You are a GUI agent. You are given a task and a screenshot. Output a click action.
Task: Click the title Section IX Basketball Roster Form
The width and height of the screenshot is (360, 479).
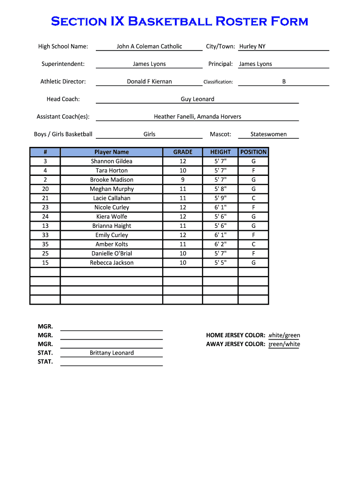coord(180,21)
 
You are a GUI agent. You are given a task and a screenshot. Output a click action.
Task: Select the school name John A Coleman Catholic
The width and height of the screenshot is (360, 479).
coord(149,46)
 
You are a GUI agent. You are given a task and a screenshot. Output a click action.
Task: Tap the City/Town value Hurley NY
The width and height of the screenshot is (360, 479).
coord(252,46)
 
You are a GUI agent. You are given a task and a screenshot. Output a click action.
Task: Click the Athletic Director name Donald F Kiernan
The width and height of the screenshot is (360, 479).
coord(149,81)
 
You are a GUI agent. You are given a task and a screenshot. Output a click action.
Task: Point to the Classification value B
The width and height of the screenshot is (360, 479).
coord(284,81)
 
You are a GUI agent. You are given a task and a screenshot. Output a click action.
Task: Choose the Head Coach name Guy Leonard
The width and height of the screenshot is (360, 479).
coord(197,99)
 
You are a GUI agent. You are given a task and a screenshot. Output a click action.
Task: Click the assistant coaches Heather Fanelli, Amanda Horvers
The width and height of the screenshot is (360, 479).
coord(197,116)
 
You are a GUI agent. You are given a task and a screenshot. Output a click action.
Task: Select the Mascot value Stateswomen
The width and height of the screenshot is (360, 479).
coord(268,134)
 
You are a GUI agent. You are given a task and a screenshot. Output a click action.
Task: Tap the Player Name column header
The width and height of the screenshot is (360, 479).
coord(111,152)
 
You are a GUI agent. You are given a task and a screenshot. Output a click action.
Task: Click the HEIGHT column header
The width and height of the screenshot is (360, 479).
coord(220,152)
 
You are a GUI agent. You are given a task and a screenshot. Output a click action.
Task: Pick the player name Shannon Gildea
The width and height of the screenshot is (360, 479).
coord(111,161)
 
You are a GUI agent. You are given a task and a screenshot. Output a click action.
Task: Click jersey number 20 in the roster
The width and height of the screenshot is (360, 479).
coord(45,189)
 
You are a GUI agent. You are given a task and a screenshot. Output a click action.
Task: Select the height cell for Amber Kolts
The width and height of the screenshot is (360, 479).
coord(220,244)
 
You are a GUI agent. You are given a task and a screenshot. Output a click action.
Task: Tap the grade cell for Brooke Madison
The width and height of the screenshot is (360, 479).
coord(183,180)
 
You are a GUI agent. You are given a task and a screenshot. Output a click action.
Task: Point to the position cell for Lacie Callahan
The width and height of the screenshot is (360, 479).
coord(253,198)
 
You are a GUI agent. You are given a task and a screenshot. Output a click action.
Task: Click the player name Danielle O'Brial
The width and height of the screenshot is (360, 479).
coord(111,254)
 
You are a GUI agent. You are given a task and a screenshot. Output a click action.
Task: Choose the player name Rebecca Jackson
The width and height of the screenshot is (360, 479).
coord(111,263)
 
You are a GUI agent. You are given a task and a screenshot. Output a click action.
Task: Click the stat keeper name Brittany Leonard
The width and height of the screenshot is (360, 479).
coord(111,353)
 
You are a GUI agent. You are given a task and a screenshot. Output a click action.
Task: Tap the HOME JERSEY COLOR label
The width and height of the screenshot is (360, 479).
coord(236,335)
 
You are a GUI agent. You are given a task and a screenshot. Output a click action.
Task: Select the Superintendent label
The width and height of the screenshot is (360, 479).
coord(63,64)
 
